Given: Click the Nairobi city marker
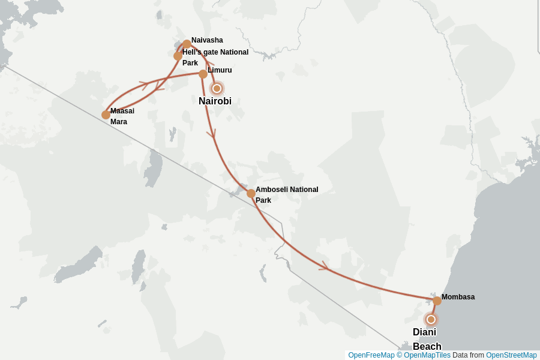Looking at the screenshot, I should pyautogui.click(x=217, y=88).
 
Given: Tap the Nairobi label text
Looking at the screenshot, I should pyautogui.click(x=215, y=101).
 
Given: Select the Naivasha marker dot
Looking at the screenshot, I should pyautogui.click(x=187, y=44).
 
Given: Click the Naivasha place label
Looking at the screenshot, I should pyautogui.click(x=207, y=40).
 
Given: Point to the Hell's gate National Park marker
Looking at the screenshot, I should pyautogui.click(x=178, y=56).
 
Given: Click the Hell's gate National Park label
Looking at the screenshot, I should pyautogui.click(x=215, y=57).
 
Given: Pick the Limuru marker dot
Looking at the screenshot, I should pyautogui.click(x=203, y=74).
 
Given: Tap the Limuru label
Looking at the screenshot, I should pyautogui.click(x=220, y=70).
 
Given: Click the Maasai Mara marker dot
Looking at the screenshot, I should pyautogui.click(x=106, y=115).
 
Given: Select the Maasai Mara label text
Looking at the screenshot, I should pyautogui.click(x=122, y=116).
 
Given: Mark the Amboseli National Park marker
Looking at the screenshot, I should pyautogui.click(x=251, y=193).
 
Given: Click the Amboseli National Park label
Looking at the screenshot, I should pyautogui.click(x=286, y=194).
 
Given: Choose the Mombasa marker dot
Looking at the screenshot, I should pyautogui.click(x=437, y=301).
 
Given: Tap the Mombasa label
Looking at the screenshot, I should pyautogui.click(x=458, y=297).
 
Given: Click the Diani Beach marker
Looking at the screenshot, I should pyautogui.click(x=430, y=319).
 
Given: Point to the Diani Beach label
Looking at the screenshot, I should pyautogui.click(x=426, y=339).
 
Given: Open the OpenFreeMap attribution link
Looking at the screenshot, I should pyautogui.click(x=371, y=355).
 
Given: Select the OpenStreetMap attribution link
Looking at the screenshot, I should pyautogui.click(x=511, y=355).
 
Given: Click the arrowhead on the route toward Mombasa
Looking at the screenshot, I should pyautogui.click(x=325, y=266).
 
